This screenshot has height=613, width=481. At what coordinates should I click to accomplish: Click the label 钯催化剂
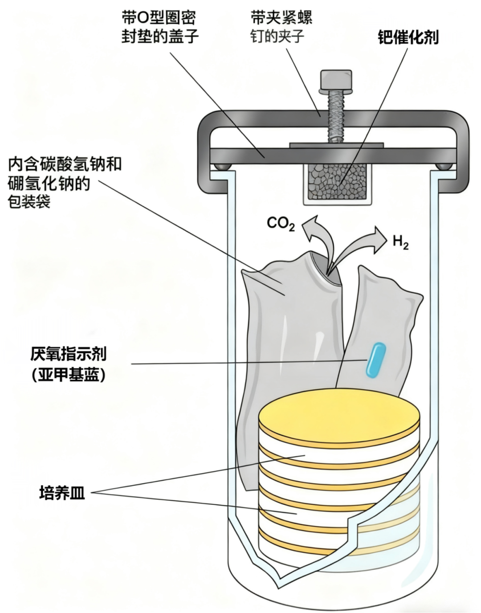pyautogui.click(x=408, y=37)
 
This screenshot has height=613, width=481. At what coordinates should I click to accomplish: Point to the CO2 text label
pyautogui.click(x=281, y=223)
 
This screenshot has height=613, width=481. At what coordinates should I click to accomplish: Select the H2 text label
pyautogui.click(x=400, y=243)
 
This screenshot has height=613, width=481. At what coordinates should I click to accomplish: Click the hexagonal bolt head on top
pyautogui.click(x=336, y=80)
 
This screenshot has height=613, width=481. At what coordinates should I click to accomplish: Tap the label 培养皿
pyautogui.click(x=62, y=493)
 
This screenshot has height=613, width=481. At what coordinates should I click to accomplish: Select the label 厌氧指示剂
pyautogui.click(x=69, y=354)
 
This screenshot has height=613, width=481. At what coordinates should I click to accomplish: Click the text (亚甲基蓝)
pyautogui.click(x=69, y=375)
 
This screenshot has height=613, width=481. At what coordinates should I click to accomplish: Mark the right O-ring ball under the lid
pyautogui.click(x=442, y=166)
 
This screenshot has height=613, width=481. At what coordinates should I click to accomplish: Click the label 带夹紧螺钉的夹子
pyautogui.click(x=281, y=27)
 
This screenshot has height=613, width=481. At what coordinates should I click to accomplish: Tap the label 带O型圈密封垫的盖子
pyautogui.click(x=159, y=27)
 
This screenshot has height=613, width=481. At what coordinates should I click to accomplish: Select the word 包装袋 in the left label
pyautogui.click(x=29, y=202)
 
